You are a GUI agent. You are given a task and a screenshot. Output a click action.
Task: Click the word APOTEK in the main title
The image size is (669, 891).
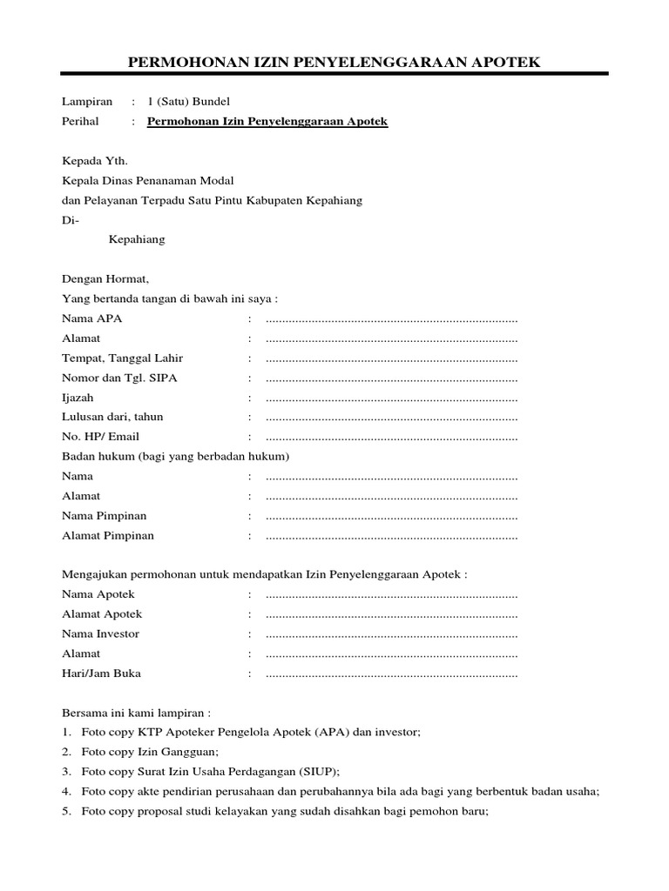pos(501,62)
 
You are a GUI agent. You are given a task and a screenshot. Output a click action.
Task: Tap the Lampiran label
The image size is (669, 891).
pos(87,102)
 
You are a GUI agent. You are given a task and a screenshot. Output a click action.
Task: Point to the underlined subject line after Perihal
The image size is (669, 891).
pos(267,122)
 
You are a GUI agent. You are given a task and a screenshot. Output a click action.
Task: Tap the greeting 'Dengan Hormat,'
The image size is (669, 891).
pos(105,279)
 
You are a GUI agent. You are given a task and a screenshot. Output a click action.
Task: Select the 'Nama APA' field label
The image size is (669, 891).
pos(92,318)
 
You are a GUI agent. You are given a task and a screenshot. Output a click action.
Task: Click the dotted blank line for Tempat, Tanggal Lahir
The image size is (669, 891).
pos(391,358)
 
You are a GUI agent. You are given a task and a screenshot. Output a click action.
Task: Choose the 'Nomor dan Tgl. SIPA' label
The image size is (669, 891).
pos(119,378)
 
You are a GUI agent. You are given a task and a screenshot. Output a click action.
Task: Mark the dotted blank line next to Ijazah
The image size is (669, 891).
pos(391,398)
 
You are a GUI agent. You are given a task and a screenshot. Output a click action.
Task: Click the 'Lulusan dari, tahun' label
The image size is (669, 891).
pos(112,417)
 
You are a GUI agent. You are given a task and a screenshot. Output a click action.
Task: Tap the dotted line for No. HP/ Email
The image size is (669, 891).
pos(391,437)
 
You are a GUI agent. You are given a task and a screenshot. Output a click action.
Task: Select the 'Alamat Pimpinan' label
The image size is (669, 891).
pos(108,535)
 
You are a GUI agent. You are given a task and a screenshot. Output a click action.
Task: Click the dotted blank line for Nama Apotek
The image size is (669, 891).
pos(391,595)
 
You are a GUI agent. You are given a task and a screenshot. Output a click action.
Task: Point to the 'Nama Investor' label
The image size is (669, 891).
pos(100,633)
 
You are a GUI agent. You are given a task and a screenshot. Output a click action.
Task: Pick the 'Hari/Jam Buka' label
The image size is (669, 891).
pos(101,673)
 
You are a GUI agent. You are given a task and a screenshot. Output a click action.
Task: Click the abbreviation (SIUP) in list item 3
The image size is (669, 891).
pos(317,772)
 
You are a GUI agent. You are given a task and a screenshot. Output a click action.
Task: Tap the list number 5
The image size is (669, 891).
pos(66,812)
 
